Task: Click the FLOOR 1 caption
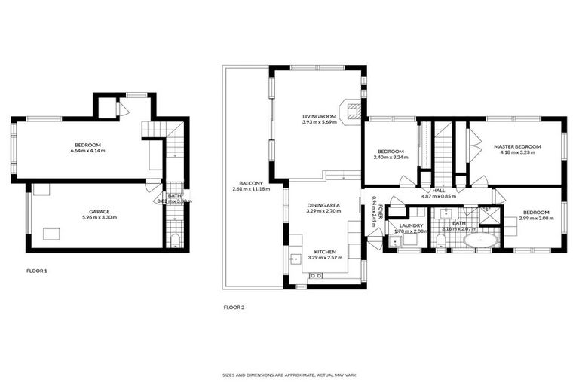pos(36,269)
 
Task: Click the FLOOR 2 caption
pos(234,307)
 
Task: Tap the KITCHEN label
pos(325,252)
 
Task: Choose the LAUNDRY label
pos(411,225)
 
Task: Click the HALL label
pos(438,190)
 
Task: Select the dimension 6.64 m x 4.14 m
pos(87,151)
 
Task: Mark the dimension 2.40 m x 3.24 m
pos(392,158)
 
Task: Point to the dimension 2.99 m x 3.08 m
pos(536,218)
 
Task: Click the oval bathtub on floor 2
pos(479,241)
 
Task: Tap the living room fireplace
pos(351,111)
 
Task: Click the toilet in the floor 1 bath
pos(175,241)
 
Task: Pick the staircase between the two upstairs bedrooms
pos(443,151)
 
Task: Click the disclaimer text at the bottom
pos(289,375)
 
